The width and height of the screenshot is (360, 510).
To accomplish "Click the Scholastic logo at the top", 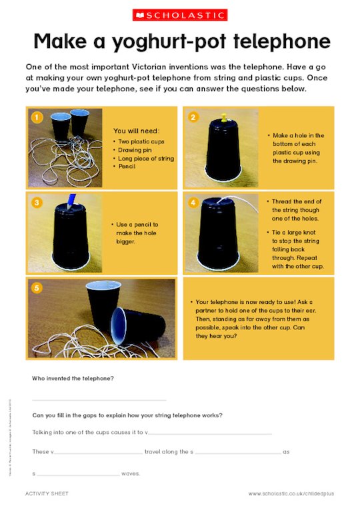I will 180,15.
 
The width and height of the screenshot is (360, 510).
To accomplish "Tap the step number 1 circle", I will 37,117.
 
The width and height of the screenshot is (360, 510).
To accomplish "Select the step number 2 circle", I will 194,117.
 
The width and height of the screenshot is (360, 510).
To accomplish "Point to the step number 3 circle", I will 37,202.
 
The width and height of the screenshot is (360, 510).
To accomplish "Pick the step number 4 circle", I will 194,202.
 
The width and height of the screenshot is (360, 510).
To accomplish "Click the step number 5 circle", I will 37,288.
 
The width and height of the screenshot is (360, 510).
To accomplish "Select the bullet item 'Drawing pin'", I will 136,149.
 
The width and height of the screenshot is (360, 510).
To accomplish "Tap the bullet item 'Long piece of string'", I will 146,157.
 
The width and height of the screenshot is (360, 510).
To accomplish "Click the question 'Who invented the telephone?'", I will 73,379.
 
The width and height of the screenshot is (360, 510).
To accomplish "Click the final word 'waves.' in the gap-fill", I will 131,474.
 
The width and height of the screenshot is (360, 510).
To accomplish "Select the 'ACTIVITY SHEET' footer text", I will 47,494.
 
